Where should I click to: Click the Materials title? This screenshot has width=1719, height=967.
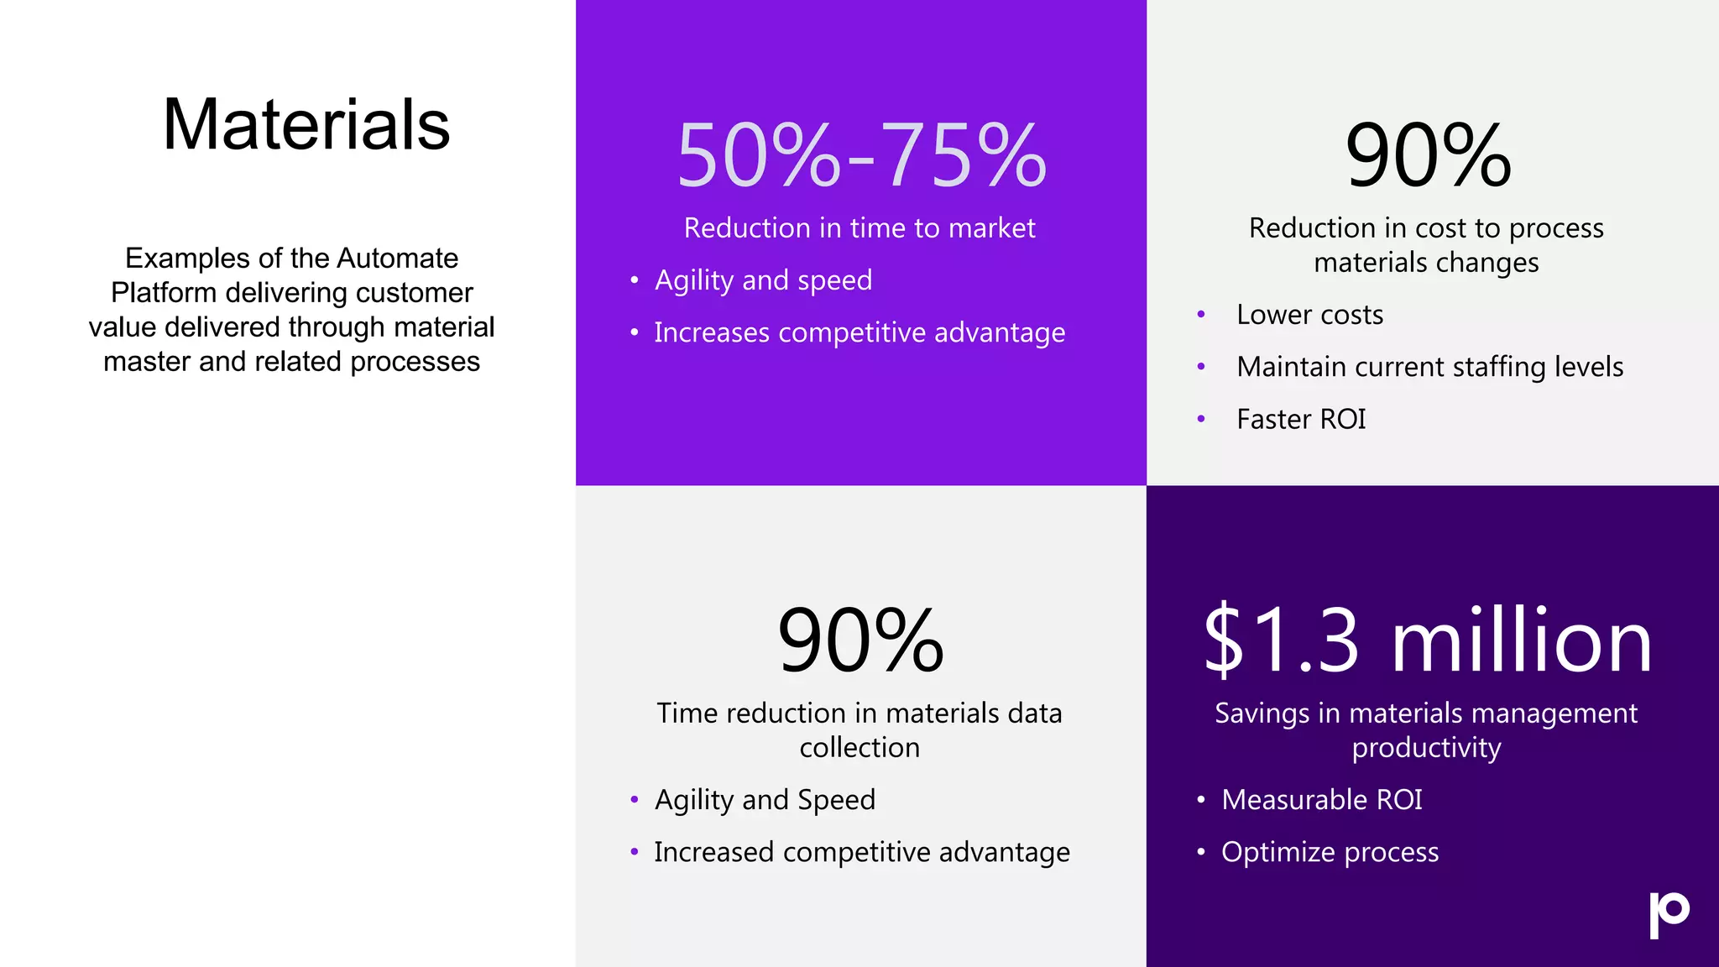[x=306, y=125]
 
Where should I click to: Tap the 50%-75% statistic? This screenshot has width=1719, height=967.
[x=861, y=155]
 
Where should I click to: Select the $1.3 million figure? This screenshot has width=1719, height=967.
[x=1427, y=640]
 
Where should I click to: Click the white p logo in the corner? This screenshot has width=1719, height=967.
[x=1669, y=914]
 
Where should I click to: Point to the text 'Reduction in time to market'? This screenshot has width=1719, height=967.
[x=859, y=228]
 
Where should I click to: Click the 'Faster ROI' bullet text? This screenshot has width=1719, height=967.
[x=1301, y=419]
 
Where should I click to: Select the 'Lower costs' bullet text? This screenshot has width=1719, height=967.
[x=1309, y=315]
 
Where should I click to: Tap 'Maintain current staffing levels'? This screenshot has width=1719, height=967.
[x=1429, y=367]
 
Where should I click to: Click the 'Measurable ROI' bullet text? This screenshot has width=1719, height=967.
[x=1322, y=800]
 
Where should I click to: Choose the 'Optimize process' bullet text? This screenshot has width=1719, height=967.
[x=1330, y=852]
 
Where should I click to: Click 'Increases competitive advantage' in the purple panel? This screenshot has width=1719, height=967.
[x=859, y=333]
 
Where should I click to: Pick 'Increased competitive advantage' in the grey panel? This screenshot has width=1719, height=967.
[x=862, y=852]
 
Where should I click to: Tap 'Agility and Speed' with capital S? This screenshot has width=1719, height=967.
[x=765, y=800]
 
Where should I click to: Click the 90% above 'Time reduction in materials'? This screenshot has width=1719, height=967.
[x=860, y=640]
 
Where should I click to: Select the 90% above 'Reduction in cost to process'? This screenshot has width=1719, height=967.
[x=1428, y=155]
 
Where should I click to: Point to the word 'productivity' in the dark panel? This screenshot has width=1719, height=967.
[x=1426, y=748]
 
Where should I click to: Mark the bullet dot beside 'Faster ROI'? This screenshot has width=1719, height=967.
[x=1201, y=419]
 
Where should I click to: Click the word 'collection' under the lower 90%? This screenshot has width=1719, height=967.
[x=859, y=748]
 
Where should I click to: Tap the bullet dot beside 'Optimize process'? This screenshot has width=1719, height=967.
[x=1201, y=852]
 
